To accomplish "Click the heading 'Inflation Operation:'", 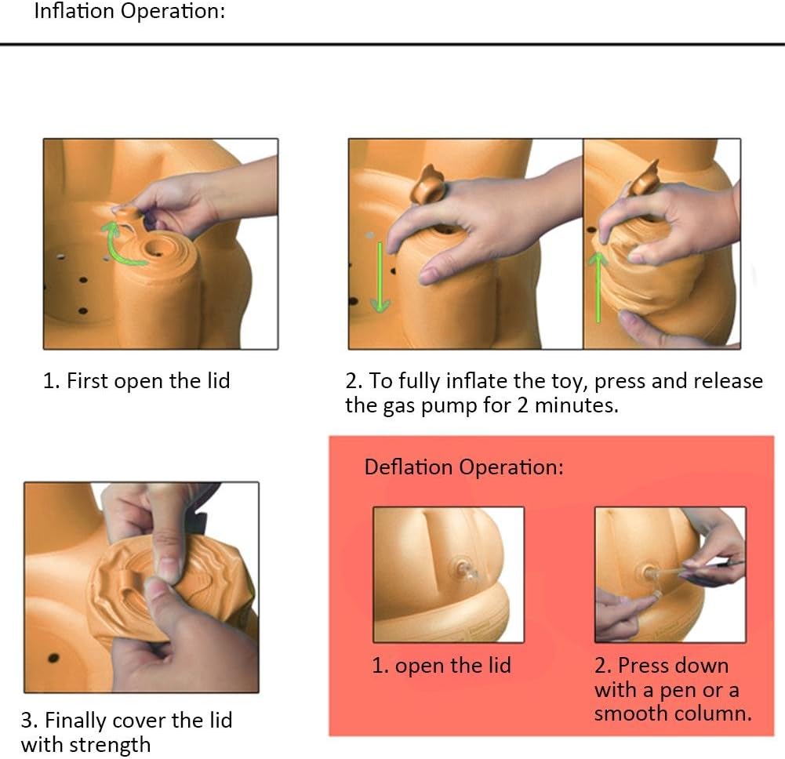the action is point(129,11).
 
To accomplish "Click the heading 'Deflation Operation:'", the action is point(464,467).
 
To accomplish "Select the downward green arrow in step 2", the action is point(380,277).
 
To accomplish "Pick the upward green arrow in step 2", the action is point(598,287).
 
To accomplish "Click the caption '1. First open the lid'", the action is point(136,381).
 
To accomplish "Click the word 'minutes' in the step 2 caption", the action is point(575,405).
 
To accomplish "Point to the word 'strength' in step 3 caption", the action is point(110,745).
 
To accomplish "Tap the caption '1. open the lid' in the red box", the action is point(442,666).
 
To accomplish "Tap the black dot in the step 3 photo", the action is point(53,658).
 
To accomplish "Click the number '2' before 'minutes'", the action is point(522,405).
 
